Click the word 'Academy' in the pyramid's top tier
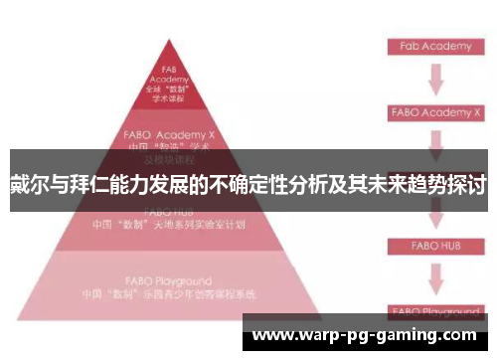point(168,81)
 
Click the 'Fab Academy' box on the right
point(434,47)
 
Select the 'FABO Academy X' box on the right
point(434,111)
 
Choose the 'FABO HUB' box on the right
point(434,244)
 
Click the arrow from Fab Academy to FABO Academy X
point(434,78)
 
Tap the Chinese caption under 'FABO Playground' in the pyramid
point(169,294)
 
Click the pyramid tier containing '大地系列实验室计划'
point(168,221)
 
